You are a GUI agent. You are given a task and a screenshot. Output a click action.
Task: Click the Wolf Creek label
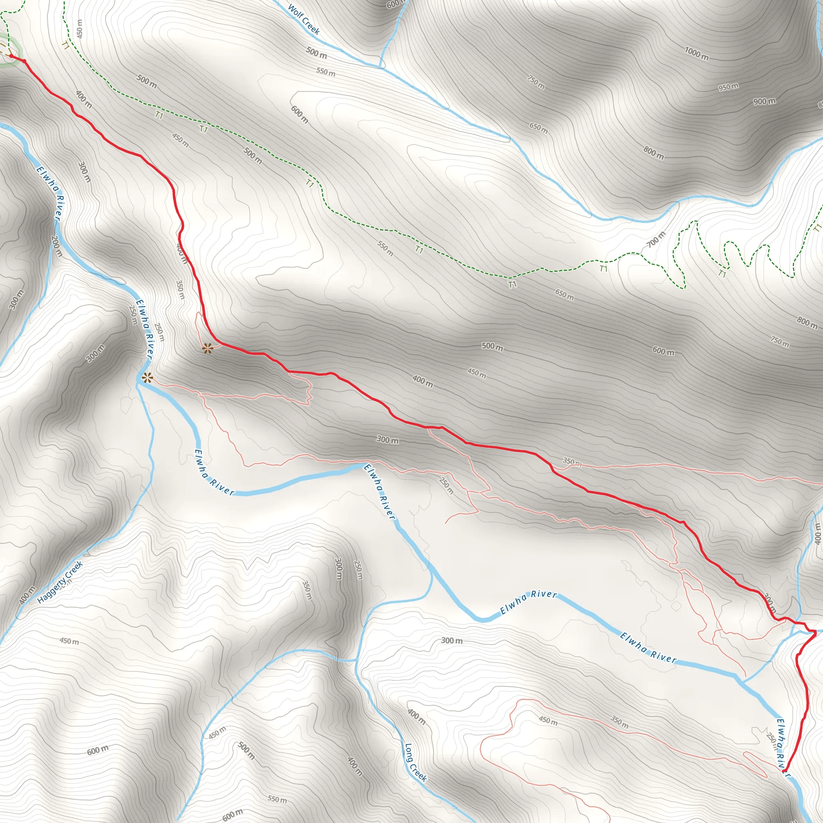pyautogui.click(x=304, y=19)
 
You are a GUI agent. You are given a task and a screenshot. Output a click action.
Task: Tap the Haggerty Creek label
pyautogui.click(x=59, y=582)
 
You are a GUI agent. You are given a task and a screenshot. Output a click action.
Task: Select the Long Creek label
pyautogui.click(x=416, y=762)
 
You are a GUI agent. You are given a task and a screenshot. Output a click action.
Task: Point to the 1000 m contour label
pyautogui.click(x=696, y=54)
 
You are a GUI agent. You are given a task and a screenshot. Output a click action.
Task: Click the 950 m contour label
pyautogui.click(x=729, y=87)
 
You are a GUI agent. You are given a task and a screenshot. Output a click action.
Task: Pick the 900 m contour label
pyautogui.click(x=764, y=101)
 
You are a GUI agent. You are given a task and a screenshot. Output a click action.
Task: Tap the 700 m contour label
pyautogui.click(x=656, y=240)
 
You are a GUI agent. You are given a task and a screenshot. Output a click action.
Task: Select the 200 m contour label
pyautogui.click(x=56, y=246)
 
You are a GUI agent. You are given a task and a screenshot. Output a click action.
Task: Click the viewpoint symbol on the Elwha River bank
pyautogui.click(x=147, y=377)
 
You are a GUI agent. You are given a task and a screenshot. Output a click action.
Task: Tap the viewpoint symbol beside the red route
pyautogui.click(x=207, y=349)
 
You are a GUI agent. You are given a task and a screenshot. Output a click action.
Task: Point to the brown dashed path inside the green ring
pyautogui.click(x=5, y=47)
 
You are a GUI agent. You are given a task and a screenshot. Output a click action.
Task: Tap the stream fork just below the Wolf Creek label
pyautogui.click(x=379, y=66)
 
